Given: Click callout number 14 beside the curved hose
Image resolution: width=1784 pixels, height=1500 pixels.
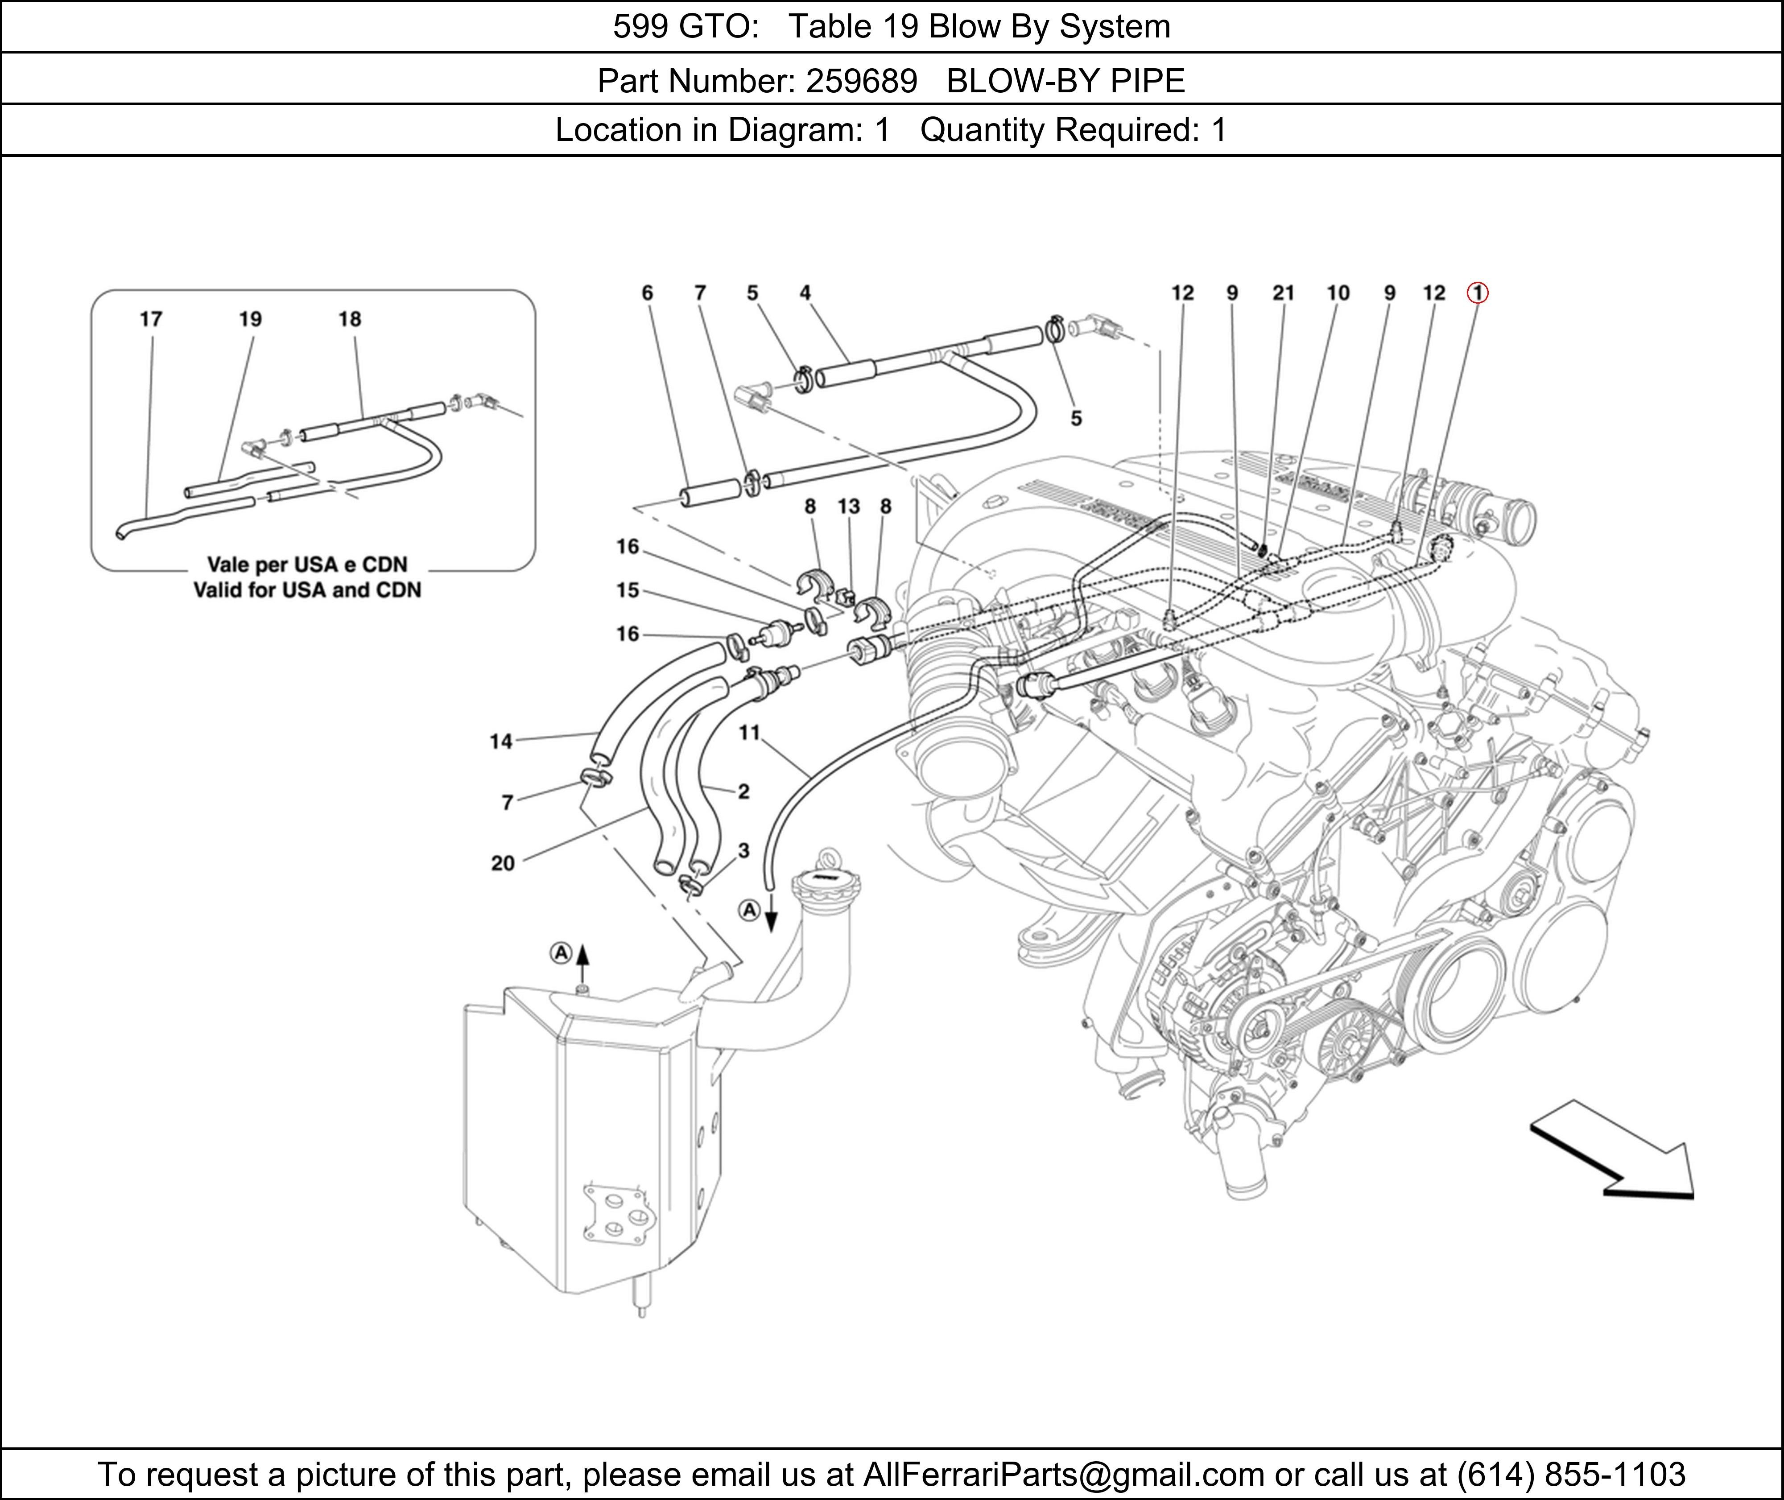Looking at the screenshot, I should (501, 742).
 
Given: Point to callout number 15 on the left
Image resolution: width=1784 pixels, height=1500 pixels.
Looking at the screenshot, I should (628, 590).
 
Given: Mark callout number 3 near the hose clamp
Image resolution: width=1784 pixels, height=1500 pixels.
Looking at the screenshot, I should (743, 850).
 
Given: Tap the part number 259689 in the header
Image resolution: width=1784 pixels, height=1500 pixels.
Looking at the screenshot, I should (861, 81).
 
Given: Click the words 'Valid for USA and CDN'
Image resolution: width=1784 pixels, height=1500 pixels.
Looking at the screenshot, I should (307, 589).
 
